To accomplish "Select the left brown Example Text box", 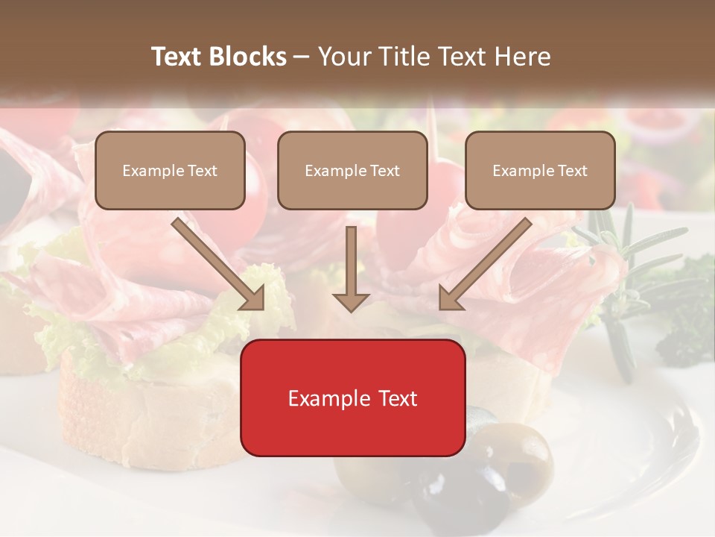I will (x=170, y=170).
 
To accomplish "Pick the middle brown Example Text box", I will (x=352, y=170).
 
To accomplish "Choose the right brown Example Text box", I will (x=540, y=170).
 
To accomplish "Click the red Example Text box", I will (x=352, y=398).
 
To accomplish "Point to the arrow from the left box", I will (x=219, y=265).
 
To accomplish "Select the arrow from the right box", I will (x=485, y=265).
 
